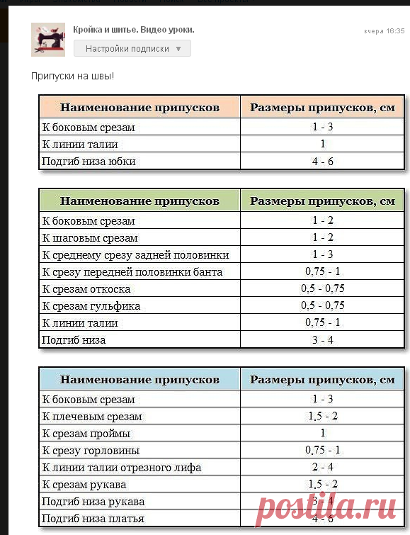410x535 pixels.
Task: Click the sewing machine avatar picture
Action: coord(48,40)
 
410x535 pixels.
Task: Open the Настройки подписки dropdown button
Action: coord(132,49)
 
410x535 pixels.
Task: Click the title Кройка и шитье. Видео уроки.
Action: coord(134,30)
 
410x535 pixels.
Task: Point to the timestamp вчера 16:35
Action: coord(384,31)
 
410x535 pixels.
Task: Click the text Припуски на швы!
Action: coord(73,76)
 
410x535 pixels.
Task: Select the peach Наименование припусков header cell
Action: coord(139,108)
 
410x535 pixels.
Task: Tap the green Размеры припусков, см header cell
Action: coord(322,201)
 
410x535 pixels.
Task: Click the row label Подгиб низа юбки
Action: coord(89,162)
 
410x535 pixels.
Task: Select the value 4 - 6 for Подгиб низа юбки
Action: coord(322,162)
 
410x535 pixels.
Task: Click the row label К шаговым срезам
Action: coord(90,238)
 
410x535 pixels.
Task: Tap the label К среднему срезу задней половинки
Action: coord(135,255)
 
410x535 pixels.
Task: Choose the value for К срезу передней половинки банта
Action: coord(322,272)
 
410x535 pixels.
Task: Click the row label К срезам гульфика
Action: coord(91,306)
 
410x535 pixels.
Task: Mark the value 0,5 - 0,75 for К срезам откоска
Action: coord(322,289)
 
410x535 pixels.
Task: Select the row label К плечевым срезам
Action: coord(92,417)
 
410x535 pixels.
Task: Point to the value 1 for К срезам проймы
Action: coord(322,433)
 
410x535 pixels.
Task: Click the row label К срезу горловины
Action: coord(91,450)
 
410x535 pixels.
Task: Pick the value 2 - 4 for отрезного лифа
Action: coord(322,467)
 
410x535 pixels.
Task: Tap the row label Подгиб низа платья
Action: coord(93,519)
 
